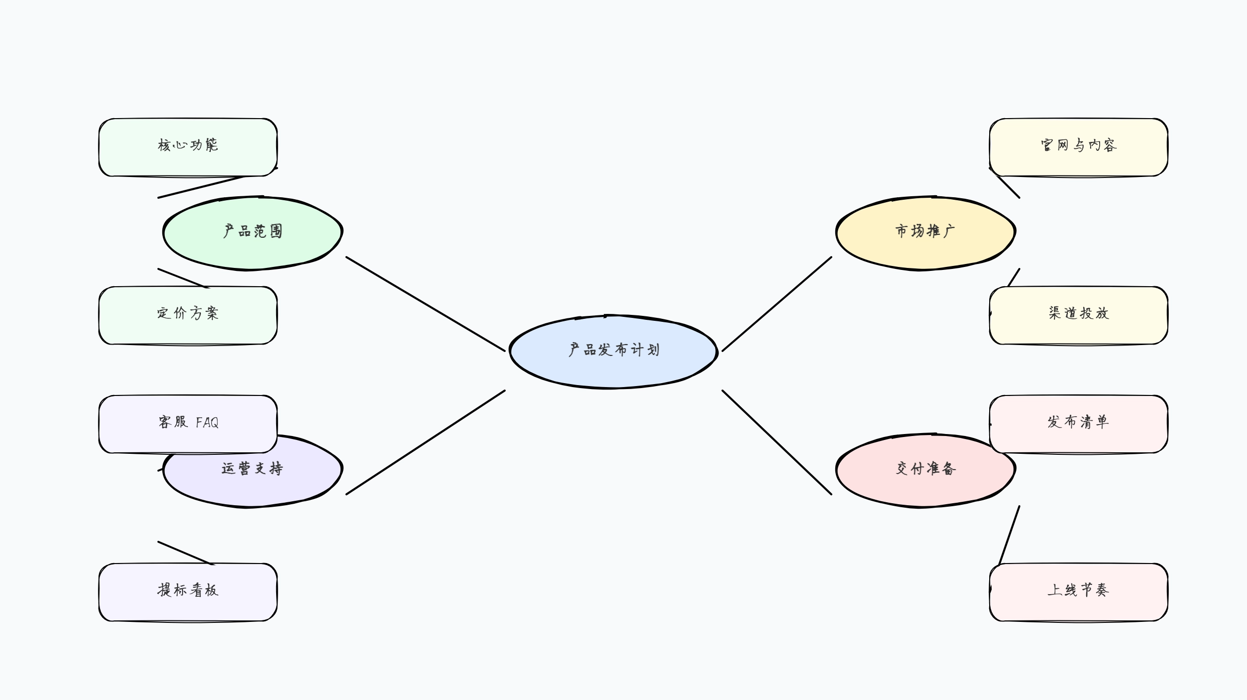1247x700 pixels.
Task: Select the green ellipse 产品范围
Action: click(x=252, y=232)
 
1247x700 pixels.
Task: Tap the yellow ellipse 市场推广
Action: click(x=925, y=232)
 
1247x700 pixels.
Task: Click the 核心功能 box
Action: click(x=188, y=147)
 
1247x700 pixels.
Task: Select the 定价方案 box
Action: click(x=188, y=315)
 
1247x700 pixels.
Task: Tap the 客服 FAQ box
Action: click(x=188, y=424)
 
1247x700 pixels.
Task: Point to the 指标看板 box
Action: click(x=188, y=592)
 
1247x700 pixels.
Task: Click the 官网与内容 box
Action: click(x=1079, y=147)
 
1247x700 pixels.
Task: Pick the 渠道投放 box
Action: click(x=1079, y=315)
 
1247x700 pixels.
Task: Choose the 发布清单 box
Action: click(x=1079, y=424)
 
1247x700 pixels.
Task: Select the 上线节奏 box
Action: click(x=1079, y=592)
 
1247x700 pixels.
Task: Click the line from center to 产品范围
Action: click(x=426, y=304)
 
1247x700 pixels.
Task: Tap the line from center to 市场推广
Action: click(x=777, y=304)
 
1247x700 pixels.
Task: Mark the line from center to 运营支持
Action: click(x=426, y=442)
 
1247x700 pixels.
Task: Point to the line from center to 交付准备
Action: click(x=777, y=442)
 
